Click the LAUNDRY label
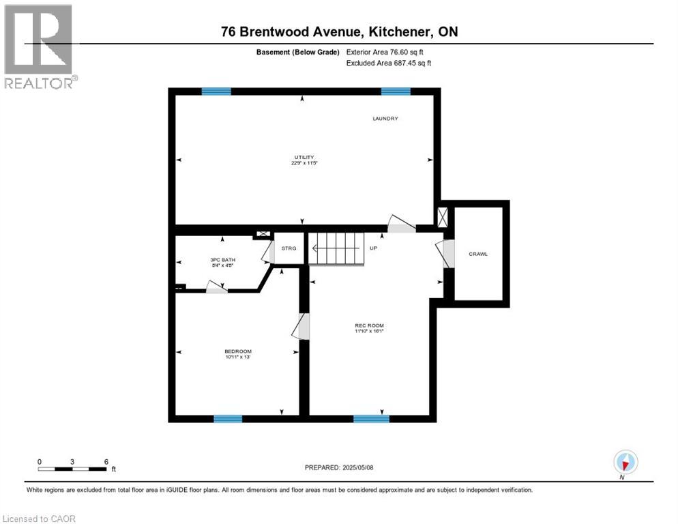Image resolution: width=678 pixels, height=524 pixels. (x=385, y=119)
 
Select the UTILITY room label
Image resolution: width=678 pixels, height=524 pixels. (x=304, y=158)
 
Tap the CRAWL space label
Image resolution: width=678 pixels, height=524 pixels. (x=478, y=254)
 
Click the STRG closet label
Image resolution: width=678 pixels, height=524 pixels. (x=289, y=248)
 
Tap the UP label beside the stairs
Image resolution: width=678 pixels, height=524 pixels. (x=373, y=248)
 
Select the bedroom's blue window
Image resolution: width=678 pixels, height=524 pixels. (x=228, y=418)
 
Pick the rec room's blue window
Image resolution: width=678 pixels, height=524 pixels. (x=371, y=418)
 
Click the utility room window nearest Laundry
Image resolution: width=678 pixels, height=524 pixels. (x=396, y=91)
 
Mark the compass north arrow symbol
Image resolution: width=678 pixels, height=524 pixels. (x=625, y=462)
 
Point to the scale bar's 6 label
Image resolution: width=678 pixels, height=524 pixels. (x=106, y=461)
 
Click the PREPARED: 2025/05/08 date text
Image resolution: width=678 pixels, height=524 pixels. (x=339, y=467)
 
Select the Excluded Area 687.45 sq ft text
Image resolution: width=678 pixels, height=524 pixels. (x=389, y=63)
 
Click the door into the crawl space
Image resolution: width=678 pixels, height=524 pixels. (x=447, y=254)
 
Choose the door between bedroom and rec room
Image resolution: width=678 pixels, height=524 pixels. (x=302, y=326)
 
